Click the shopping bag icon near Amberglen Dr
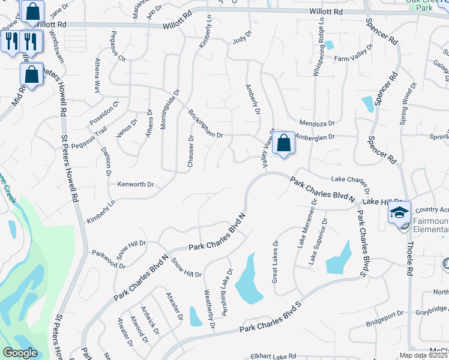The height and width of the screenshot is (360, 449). click(x=284, y=143)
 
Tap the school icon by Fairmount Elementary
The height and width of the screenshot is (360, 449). click(x=399, y=213)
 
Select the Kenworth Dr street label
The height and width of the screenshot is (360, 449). click(x=136, y=184)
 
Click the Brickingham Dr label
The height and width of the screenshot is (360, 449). click(x=205, y=124)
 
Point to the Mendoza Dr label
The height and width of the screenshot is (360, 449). click(x=316, y=123)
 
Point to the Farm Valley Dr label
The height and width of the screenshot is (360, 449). click(x=350, y=58)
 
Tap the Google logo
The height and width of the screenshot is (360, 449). click(x=20, y=353)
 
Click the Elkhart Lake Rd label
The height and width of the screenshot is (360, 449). click(x=274, y=356)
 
